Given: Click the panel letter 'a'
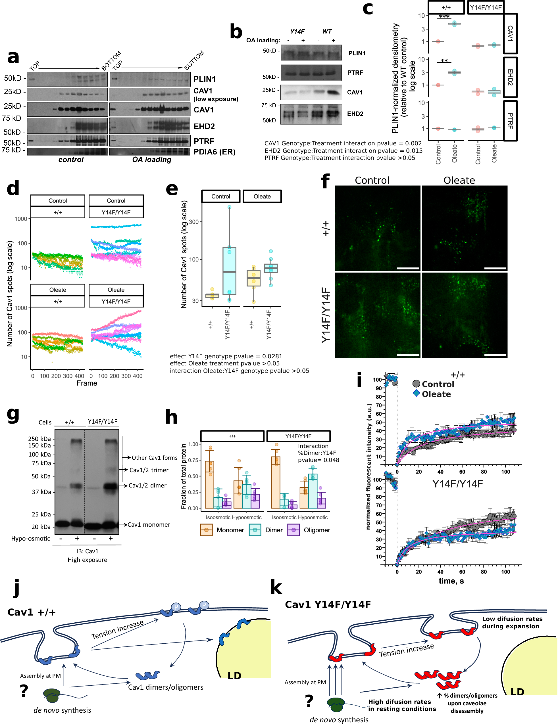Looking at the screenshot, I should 13,57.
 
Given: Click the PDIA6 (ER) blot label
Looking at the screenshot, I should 214,152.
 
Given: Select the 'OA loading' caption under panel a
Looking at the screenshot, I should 152,160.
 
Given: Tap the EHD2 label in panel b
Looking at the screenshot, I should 355,114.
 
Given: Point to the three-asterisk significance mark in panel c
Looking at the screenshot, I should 444,16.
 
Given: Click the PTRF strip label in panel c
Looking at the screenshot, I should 510,121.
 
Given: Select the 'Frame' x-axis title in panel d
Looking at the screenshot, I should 87,383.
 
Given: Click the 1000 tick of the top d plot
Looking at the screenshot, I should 21,219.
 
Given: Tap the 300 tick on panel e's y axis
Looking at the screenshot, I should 194,222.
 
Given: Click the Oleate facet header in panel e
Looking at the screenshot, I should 262,196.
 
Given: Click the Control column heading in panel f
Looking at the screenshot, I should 372,180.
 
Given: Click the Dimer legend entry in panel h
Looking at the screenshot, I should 274,530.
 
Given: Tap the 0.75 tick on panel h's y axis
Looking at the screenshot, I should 193,460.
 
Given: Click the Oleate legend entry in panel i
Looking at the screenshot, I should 436,394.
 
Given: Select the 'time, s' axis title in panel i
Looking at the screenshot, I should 451,581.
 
